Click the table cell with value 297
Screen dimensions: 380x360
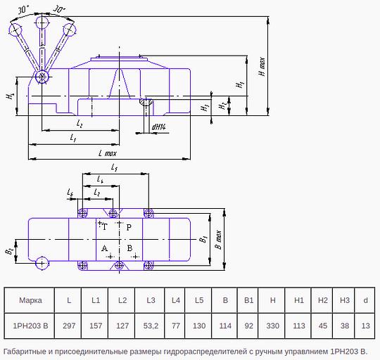click(x=69, y=326)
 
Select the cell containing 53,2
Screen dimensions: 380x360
click(x=151, y=326)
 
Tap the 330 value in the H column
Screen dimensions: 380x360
click(x=272, y=326)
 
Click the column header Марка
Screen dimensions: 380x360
click(x=30, y=300)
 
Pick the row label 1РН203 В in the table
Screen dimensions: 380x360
click(x=30, y=326)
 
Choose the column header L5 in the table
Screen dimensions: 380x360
click(x=199, y=300)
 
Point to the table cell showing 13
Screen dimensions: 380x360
click(x=365, y=326)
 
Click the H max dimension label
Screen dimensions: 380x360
click(x=262, y=67)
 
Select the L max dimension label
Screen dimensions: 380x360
click(x=108, y=153)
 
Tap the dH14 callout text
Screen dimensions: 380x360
click(x=159, y=127)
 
